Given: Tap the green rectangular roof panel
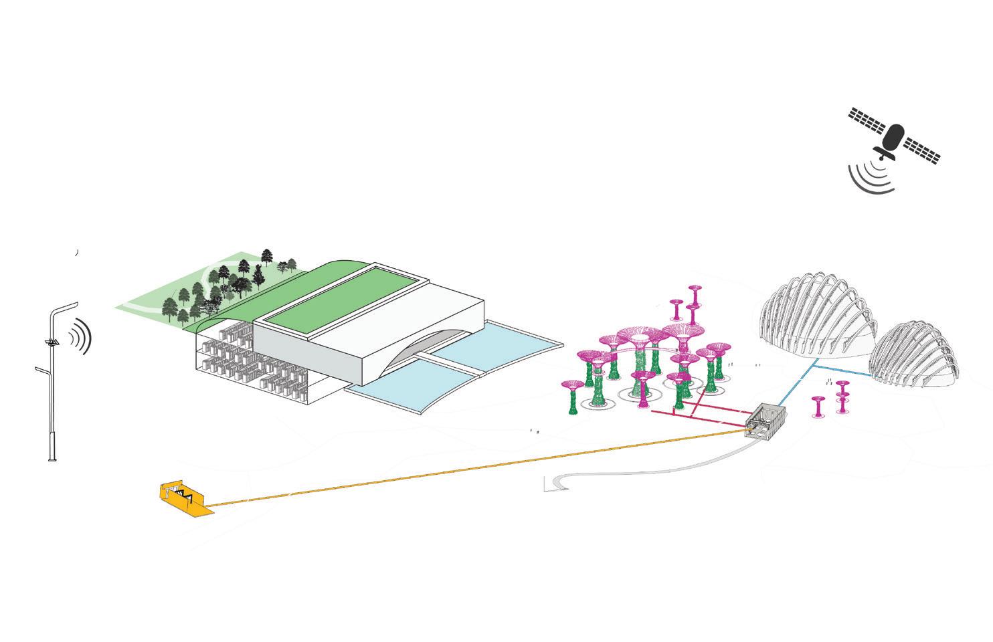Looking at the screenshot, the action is click(x=338, y=294).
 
